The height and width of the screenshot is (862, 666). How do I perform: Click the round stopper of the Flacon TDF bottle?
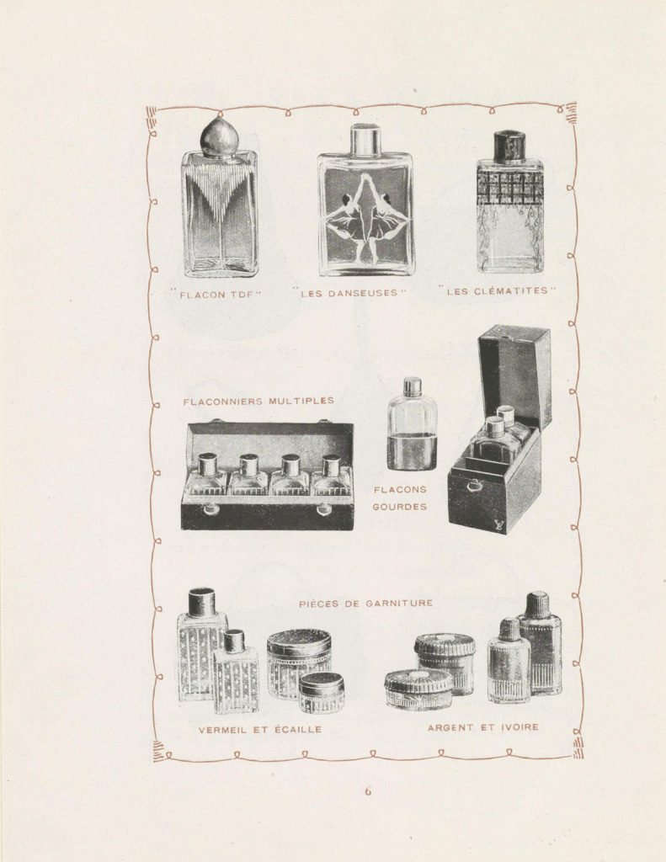[219, 138]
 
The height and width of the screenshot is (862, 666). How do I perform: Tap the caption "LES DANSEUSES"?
[349, 293]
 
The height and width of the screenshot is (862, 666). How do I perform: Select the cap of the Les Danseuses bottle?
[365, 140]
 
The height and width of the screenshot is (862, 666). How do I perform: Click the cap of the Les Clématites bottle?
[509, 146]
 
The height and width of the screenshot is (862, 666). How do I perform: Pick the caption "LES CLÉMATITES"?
[498, 291]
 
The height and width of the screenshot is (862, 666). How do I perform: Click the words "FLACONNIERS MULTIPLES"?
[258, 402]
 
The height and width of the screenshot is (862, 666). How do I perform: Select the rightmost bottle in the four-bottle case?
[331, 476]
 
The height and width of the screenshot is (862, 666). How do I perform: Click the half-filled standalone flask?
[412, 428]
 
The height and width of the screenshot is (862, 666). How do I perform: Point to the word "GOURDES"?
[399, 507]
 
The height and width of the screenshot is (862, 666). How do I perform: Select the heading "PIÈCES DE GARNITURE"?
[365, 604]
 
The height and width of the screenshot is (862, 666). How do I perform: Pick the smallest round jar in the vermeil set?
[322, 692]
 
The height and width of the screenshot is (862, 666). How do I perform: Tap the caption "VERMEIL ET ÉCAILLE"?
[260, 730]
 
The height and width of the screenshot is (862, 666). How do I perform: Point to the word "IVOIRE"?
[519, 727]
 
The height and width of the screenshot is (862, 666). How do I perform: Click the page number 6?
[368, 791]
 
